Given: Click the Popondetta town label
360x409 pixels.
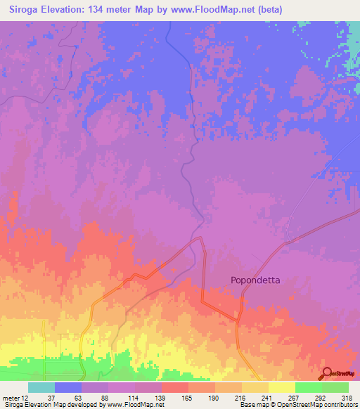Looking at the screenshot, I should [x=255, y=280].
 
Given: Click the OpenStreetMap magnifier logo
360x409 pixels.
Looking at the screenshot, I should [x=327, y=373].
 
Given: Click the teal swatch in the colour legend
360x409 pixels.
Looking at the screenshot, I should [x=41, y=387].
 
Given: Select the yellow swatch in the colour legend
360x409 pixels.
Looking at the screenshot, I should [x=281, y=387].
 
